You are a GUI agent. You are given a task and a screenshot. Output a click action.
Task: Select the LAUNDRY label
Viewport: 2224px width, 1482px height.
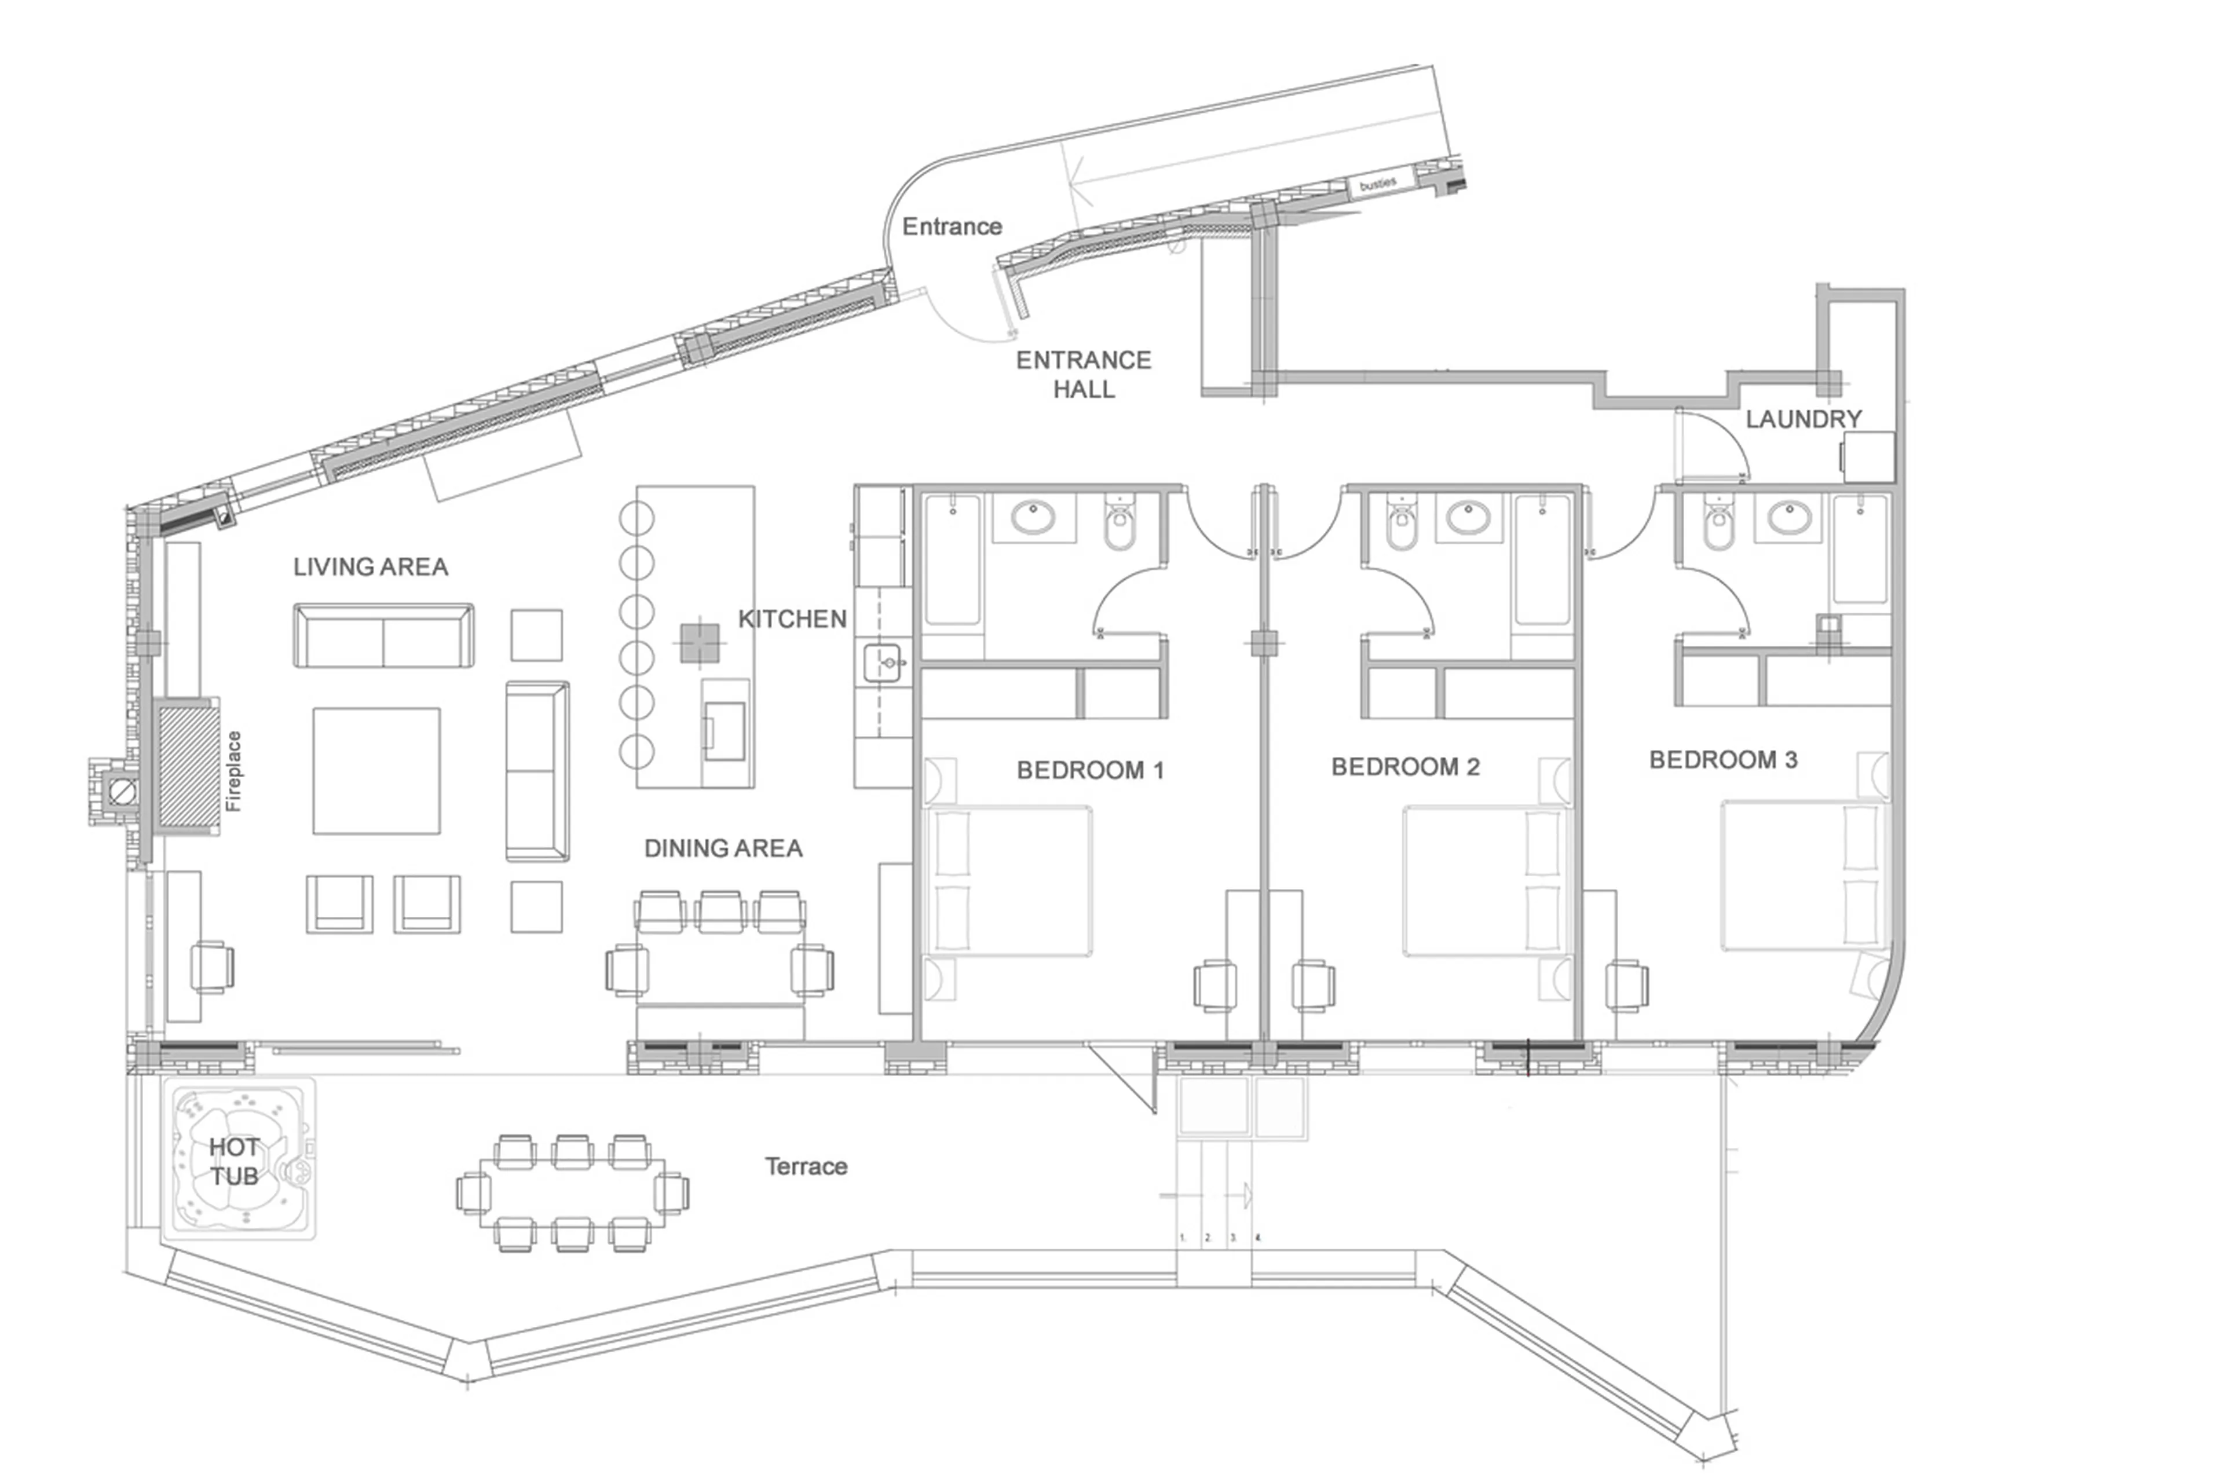click(x=1802, y=419)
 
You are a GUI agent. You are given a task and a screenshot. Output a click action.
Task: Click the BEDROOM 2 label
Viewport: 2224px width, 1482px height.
click(x=1404, y=767)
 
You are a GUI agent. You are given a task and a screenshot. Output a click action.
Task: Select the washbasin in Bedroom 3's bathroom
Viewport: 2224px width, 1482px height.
click(x=1788, y=518)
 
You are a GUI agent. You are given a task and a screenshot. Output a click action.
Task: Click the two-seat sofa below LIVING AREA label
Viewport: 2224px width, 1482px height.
click(x=384, y=636)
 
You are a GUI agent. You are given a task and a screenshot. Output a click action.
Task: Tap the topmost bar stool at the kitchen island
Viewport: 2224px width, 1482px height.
click(x=636, y=518)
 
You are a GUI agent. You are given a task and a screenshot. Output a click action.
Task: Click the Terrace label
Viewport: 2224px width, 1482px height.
click(x=805, y=1166)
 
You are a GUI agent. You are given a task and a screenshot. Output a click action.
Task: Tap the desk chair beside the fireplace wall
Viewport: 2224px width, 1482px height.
click(x=212, y=967)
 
